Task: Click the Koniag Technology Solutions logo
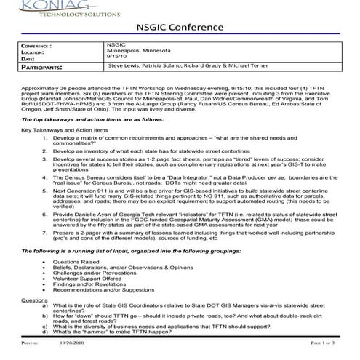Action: pos(49,7)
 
